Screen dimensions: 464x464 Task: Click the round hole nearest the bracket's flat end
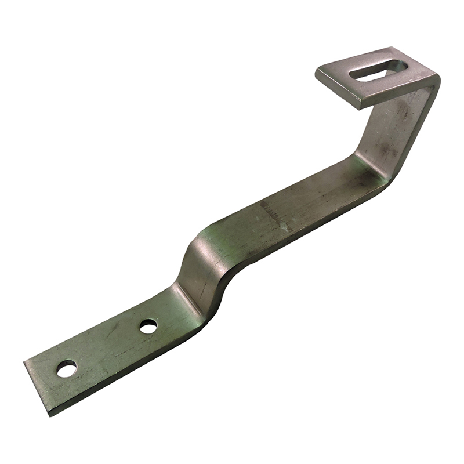click(66, 368)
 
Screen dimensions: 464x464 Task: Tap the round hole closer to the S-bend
click(148, 327)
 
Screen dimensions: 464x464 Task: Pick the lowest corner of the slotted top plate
click(358, 107)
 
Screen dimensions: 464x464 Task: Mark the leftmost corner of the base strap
click(24, 362)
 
